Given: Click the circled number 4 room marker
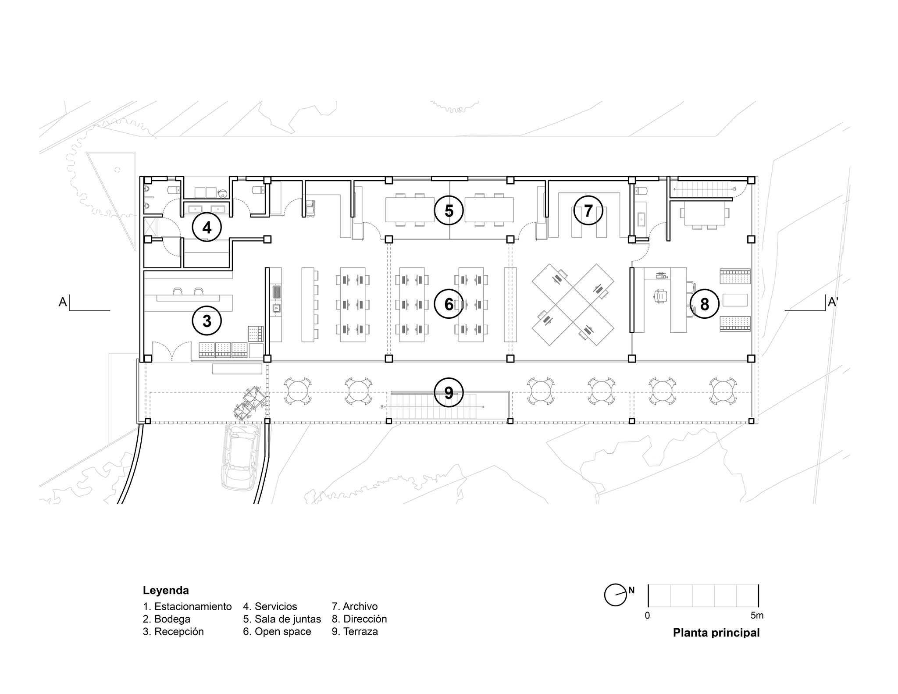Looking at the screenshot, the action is [207, 227].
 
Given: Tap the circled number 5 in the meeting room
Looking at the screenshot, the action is [449, 211].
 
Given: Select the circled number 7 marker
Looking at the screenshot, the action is [588, 211].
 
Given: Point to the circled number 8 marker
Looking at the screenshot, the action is [704, 304].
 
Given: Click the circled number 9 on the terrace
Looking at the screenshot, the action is [449, 393].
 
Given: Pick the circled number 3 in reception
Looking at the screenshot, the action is [207, 321].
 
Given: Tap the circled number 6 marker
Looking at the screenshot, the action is [449, 304].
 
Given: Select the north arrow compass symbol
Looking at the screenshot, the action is [615, 595].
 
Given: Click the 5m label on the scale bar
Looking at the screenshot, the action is [757, 616].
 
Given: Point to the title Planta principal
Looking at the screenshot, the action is [716, 633].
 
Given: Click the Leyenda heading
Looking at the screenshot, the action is [166, 591].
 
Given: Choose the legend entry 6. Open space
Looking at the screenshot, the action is [277, 632].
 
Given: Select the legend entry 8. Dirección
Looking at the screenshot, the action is [360, 619].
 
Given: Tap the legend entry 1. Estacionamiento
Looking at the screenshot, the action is [187, 607].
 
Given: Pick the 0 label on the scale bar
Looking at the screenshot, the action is [648, 616].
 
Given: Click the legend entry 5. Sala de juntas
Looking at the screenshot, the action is [282, 619].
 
